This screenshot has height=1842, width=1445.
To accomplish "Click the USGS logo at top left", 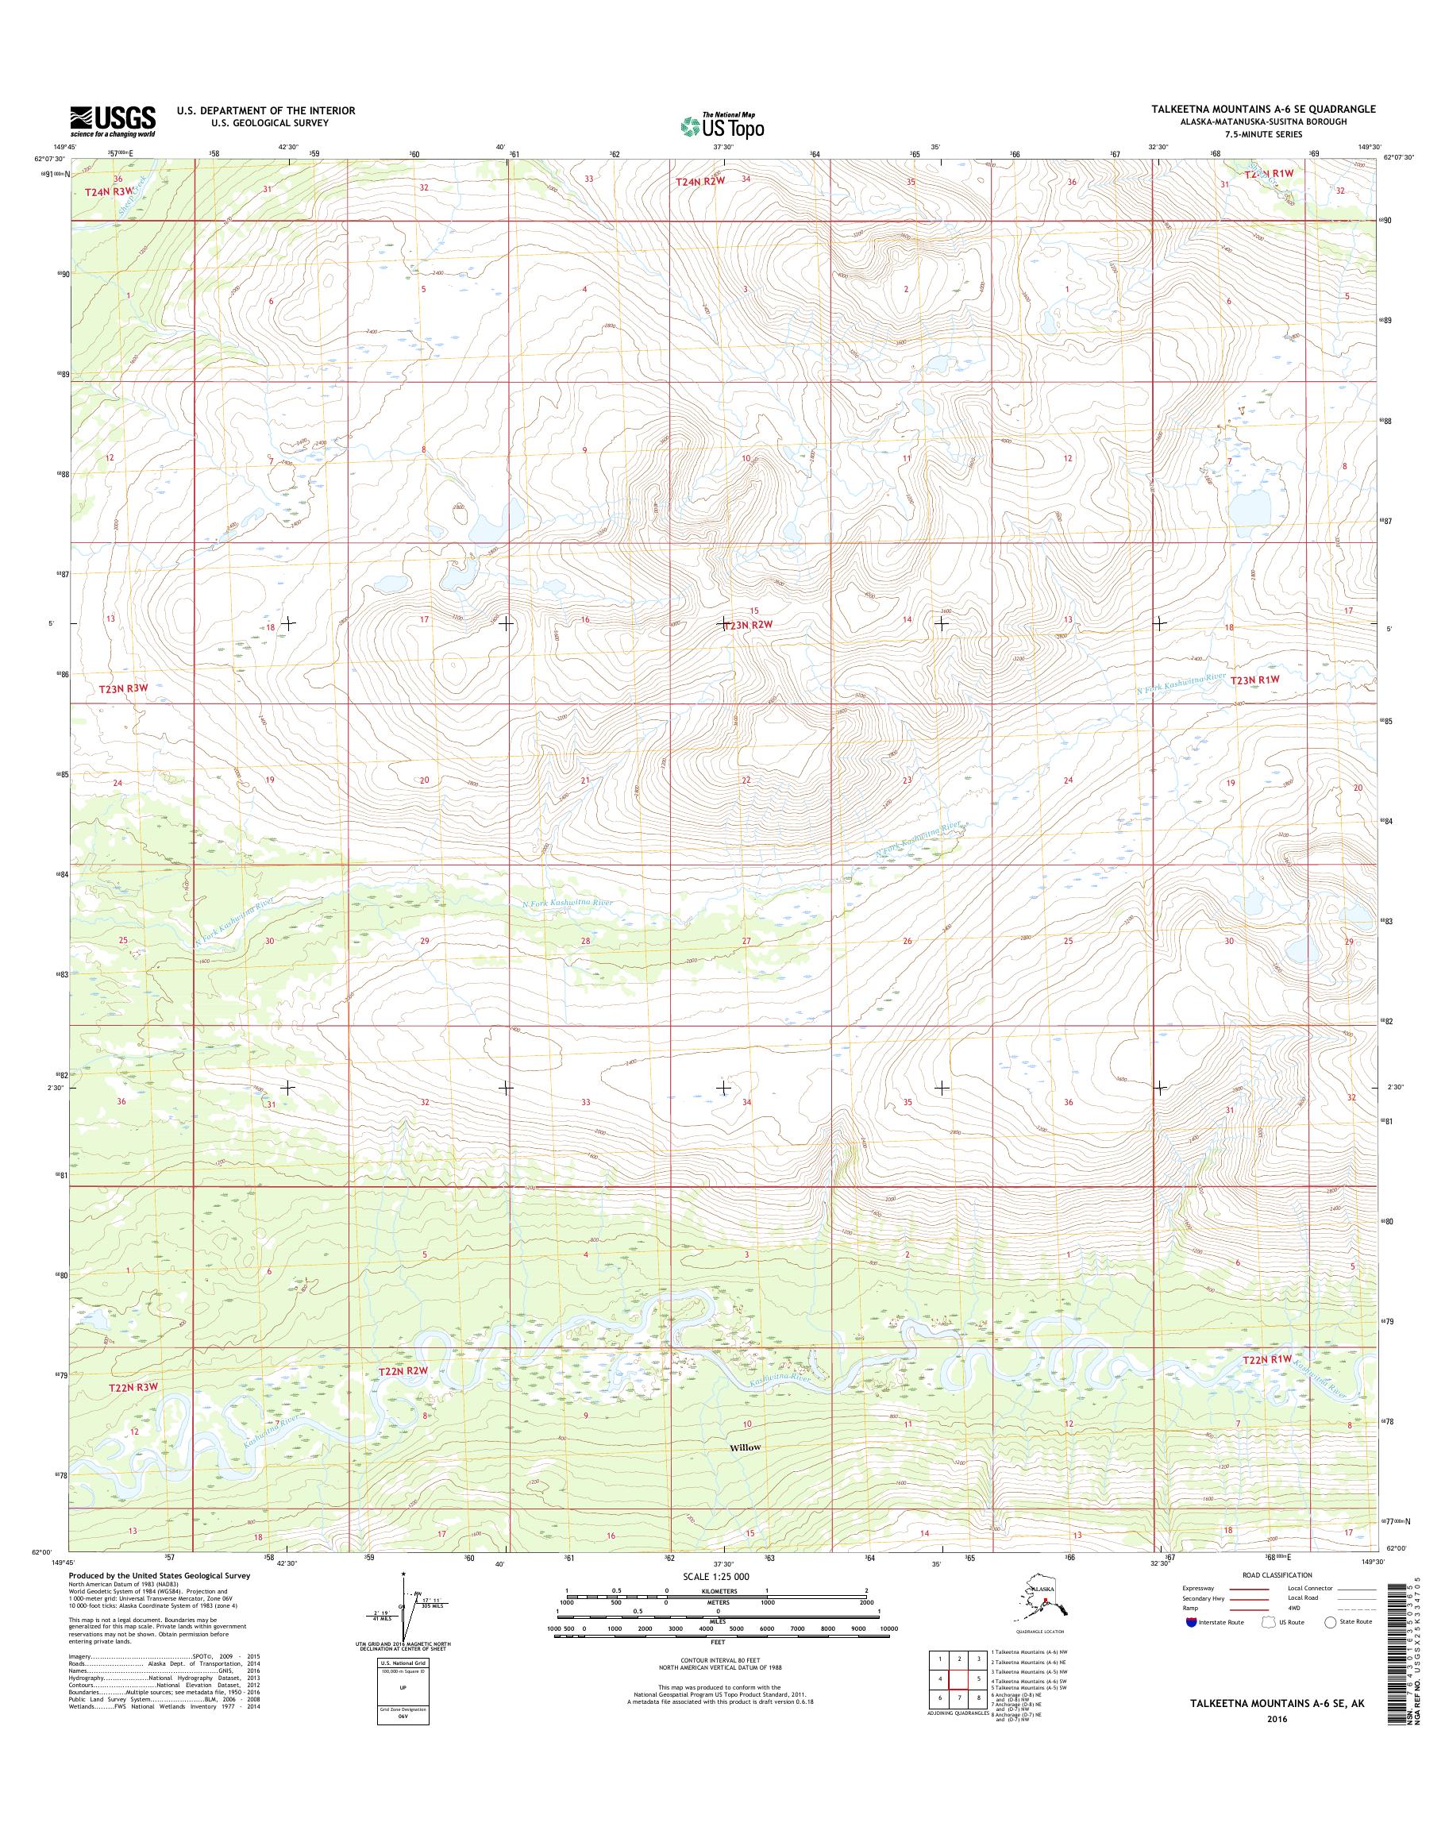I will tap(113, 121).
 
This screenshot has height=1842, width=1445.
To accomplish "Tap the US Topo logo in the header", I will tap(722, 125).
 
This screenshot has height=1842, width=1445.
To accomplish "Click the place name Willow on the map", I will tap(746, 1447).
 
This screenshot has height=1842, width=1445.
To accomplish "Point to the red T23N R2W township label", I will tap(749, 623).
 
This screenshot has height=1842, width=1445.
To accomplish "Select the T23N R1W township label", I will tap(1255, 680).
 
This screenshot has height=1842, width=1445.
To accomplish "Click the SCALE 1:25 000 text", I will tap(717, 1576).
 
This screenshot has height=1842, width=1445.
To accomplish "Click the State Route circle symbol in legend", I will tap(1330, 1622).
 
